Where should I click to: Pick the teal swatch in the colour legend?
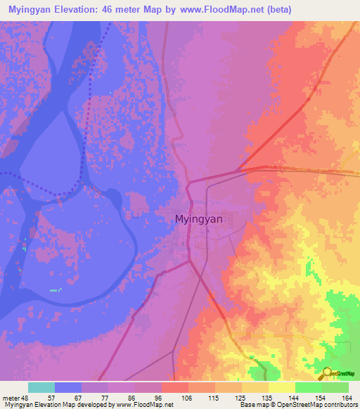[x=41, y=387]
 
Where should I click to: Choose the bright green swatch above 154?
[x=308, y=387]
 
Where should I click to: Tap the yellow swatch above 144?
[x=282, y=387]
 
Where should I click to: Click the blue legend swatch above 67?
[x=68, y=387]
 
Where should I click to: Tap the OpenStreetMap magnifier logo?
[x=328, y=374]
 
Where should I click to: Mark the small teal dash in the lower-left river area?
[x=56, y=290]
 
